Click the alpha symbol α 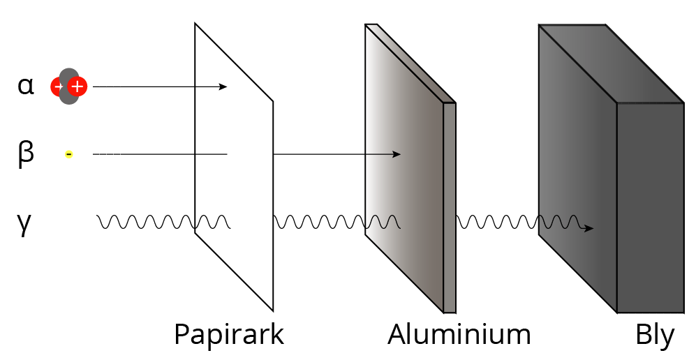point(26,86)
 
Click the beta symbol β point(25,153)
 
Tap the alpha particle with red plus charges point(68,87)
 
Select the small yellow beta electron point(68,153)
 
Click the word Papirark point(229,335)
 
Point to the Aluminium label point(459,335)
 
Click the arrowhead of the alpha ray point(223,87)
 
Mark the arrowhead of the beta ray point(397,153)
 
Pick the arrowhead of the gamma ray point(590,228)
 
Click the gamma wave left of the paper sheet point(147,223)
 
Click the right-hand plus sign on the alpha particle point(77,87)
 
